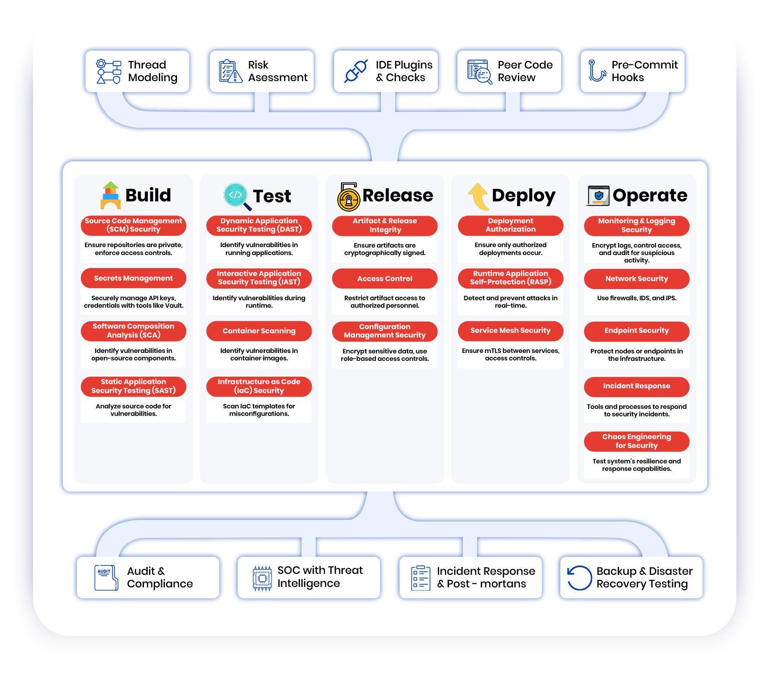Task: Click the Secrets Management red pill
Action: (x=133, y=278)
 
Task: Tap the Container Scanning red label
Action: (x=259, y=331)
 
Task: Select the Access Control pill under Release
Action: (x=385, y=279)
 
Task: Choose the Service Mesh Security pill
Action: (x=510, y=331)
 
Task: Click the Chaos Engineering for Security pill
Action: (x=636, y=441)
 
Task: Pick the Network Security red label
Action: (x=636, y=279)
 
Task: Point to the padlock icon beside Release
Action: (x=348, y=197)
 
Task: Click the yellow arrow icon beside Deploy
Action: (x=478, y=196)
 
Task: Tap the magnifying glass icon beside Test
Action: (x=237, y=196)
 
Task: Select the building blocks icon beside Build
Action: (x=110, y=195)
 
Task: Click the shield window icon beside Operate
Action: (x=599, y=196)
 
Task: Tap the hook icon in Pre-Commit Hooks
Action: (x=596, y=71)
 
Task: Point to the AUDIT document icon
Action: (x=105, y=578)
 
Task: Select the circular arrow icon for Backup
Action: (x=579, y=578)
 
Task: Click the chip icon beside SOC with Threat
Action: (x=262, y=578)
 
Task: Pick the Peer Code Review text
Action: (x=525, y=71)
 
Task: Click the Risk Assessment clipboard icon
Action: (x=230, y=71)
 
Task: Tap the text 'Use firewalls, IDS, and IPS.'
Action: (x=636, y=298)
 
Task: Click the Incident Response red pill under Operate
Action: (x=636, y=386)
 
